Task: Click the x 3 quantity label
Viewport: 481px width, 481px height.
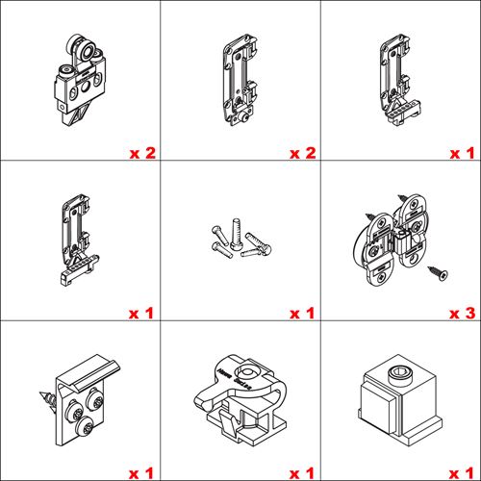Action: (462, 314)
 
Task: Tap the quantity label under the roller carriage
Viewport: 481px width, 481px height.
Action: (142, 153)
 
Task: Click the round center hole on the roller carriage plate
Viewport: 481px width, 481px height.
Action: (86, 87)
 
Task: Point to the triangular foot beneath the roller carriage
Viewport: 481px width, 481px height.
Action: (76, 114)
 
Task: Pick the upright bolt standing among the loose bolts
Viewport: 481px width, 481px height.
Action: (236, 234)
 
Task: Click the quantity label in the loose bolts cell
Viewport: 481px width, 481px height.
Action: (302, 314)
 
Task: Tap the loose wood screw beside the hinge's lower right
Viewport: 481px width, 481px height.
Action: (438, 273)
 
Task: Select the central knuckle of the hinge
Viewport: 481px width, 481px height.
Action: (402, 242)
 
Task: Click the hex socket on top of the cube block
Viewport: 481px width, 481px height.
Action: (397, 372)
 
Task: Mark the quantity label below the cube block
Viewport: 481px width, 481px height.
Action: (462, 473)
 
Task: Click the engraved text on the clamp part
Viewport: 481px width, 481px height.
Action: (235, 379)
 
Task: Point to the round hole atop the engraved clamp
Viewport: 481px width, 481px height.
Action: (247, 373)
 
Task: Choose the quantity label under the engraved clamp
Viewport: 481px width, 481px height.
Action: (302, 473)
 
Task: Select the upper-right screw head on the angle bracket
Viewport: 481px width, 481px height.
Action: (95, 399)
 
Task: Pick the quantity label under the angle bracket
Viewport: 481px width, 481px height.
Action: (141, 473)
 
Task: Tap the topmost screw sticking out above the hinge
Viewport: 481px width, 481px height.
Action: (403, 198)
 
